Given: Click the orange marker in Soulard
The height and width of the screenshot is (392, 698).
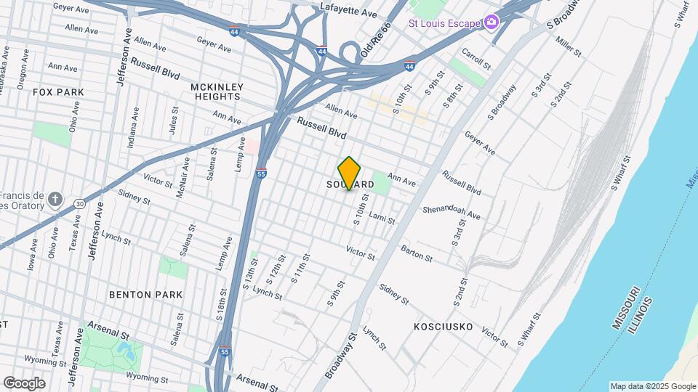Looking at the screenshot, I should tap(350, 173).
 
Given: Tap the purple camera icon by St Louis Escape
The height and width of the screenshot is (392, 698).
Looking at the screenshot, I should tap(491, 23).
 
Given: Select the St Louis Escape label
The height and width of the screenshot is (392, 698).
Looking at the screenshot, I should tap(445, 23).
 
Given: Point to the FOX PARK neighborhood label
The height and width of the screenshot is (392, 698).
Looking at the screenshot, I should tap(59, 92).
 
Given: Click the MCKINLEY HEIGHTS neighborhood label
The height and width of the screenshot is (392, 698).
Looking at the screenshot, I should tap(215, 91).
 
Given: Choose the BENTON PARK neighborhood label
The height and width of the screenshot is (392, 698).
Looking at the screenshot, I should tap(145, 295).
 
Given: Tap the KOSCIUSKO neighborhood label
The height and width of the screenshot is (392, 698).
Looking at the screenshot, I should tap(443, 327).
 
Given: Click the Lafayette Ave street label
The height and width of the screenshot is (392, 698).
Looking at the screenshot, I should tap(349, 12).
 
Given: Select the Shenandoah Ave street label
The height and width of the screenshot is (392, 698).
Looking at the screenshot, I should tap(452, 211).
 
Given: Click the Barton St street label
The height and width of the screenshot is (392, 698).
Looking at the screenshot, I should tap(416, 253).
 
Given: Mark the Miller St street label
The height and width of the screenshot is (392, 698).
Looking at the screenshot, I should tap(568, 48).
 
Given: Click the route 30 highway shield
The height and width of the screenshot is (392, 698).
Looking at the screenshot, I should tap(79, 204).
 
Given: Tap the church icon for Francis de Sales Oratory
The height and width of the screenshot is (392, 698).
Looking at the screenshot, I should tap(56, 199).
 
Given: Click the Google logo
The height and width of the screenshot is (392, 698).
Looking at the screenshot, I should tap(23, 383).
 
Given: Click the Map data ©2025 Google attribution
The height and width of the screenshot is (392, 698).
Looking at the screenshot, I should tap(653, 386).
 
